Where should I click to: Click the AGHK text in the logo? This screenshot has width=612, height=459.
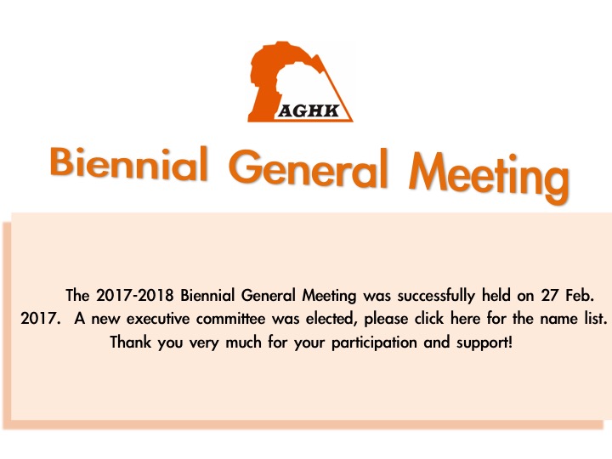click(309, 110)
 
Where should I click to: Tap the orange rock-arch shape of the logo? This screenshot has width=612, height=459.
click(269, 78)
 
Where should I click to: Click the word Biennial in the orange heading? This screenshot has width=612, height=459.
click(129, 163)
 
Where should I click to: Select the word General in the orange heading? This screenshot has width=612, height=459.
click(309, 168)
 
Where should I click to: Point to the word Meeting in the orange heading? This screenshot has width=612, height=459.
click(489, 176)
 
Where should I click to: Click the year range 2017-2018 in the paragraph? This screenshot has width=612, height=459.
click(134, 295)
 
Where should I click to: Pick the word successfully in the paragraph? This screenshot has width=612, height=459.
click(436, 296)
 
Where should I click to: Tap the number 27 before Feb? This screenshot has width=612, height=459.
click(549, 296)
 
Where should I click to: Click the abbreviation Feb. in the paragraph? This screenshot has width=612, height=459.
click(579, 296)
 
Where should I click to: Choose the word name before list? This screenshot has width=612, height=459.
click(559, 320)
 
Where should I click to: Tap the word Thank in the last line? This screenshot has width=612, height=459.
click(130, 343)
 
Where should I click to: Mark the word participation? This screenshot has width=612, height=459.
click(374, 343)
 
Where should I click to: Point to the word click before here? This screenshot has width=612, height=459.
click(429, 319)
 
